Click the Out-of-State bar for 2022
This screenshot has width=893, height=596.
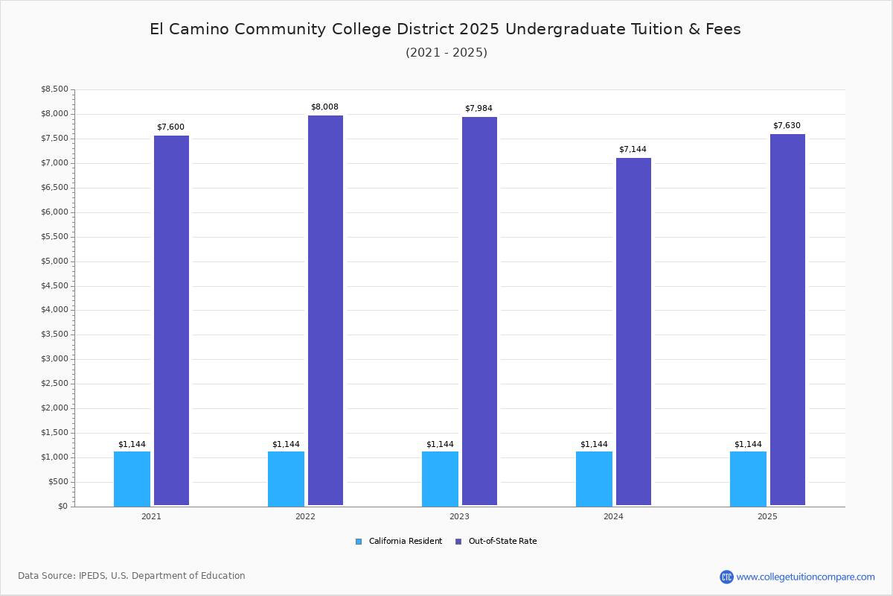coord(325,310)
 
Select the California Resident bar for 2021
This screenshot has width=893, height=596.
coord(132,478)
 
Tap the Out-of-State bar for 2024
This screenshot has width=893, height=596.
coord(633,332)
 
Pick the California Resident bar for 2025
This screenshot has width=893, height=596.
coord(748,478)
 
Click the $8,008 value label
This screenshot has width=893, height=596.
coord(324,107)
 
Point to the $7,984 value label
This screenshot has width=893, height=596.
coord(478,109)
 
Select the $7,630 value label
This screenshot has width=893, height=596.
coord(787,126)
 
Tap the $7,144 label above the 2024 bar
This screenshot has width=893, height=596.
coord(633,150)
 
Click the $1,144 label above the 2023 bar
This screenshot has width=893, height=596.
coord(440,445)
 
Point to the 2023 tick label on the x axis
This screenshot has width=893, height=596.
coord(459,516)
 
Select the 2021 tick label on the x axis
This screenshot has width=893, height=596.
coord(151,516)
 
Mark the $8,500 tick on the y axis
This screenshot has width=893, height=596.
coord(54,89)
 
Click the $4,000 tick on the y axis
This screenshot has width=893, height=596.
coord(54,310)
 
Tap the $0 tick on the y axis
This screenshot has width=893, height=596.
coord(63,507)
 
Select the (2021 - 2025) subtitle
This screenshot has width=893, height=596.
coord(446,53)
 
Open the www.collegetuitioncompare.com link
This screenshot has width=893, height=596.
coord(805,577)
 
